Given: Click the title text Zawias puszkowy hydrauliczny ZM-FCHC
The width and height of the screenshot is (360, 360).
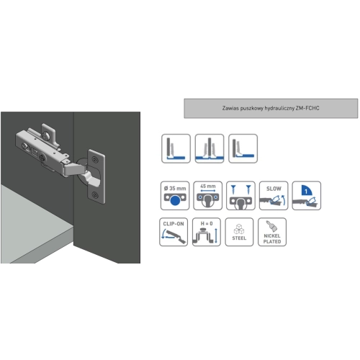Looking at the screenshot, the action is (271, 108).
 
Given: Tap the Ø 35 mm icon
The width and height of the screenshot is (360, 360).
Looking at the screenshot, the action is (175, 196).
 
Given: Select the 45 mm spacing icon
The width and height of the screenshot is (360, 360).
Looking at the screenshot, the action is (208, 196).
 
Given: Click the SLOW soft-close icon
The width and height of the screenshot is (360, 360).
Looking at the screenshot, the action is (274, 196).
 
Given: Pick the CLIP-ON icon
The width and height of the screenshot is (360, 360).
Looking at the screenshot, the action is (174, 232).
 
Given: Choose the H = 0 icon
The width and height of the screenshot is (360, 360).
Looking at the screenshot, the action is (207, 232).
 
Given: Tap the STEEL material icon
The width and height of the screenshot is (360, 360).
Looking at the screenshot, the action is (239, 232).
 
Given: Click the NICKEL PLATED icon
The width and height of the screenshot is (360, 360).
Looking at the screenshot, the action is (272, 232).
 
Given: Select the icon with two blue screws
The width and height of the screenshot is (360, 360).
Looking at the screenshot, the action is (240, 196).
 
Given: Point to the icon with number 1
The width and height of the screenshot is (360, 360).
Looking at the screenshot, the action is (307, 196).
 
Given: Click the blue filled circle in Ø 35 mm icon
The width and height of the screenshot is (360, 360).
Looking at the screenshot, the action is (175, 200).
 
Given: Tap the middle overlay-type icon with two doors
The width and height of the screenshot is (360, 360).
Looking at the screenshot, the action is (210, 148).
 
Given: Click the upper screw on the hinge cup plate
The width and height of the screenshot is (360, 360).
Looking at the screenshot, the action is (95, 159).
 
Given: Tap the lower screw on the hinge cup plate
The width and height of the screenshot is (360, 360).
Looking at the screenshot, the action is (95, 195).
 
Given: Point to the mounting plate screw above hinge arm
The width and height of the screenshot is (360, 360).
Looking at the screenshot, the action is (45, 136).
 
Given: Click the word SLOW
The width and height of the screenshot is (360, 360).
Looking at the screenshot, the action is (274, 189).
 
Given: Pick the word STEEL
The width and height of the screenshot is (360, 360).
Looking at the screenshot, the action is (239, 238).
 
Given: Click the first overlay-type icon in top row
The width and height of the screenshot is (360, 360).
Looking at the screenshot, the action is (176, 148).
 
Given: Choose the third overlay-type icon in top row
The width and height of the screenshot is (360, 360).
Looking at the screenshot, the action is (243, 148).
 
